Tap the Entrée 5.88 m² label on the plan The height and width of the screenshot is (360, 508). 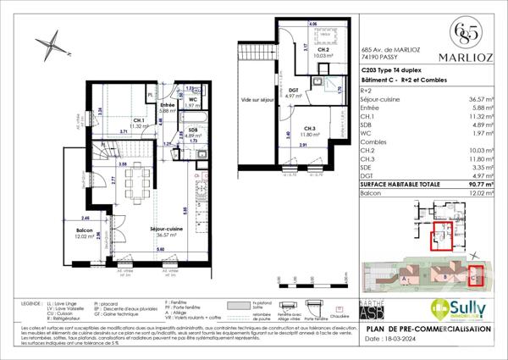point(166,107)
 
